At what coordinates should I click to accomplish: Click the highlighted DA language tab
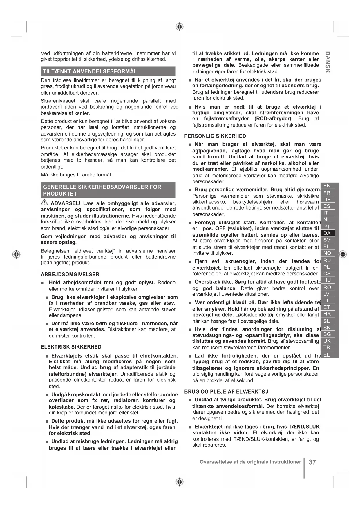(x=327, y=233)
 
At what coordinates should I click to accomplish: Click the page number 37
(x=312, y=462)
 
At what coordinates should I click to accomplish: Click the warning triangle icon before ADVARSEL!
(x=44, y=203)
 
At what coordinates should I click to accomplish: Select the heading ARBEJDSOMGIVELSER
(x=70, y=275)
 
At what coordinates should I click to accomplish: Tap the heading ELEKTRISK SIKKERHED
(x=71, y=347)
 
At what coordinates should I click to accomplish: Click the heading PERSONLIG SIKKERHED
(x=215, y=136)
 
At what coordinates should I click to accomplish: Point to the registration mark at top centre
(x=180, y=27)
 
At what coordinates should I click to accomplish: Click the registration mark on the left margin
(x=17, y=254)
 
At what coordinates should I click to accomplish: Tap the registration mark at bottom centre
(x=180, y=482)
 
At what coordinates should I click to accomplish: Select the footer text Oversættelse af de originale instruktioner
(x=250, y=462)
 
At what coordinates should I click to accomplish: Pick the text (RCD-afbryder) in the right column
(x=273, y=119)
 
